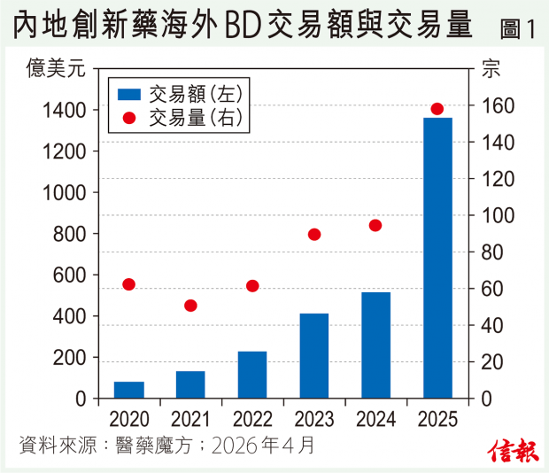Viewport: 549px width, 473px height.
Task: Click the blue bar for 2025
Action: pyautogui.click(x=437, y=258)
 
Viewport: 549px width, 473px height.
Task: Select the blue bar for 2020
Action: pyautogui.click(x=129, y=390)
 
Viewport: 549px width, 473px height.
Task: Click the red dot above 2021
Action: pyautogui.click(x=190, y=306)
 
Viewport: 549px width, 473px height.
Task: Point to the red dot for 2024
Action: pyautogui.click(x=375, y=225)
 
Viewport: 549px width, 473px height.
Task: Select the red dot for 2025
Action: pyautogui.click(x=437, y=109)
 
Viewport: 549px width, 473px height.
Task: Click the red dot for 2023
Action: pyautogui.click(x=314, y=235)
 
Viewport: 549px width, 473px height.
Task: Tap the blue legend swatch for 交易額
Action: pyautogui.click(x=129, y=93)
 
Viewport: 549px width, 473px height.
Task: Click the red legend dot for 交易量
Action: pyautogui.click(x=129, y=118)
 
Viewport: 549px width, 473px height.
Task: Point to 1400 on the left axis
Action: pyautogui.click(x=63, y=110)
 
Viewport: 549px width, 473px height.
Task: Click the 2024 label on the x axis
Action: pyautogui.click(x=375, y=419)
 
